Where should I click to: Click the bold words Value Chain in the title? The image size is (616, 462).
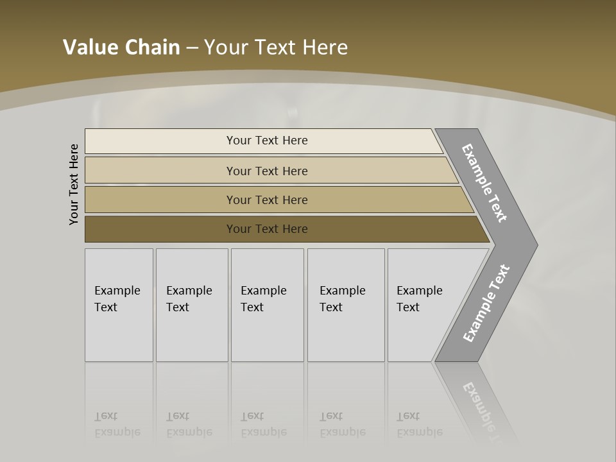(121, 47)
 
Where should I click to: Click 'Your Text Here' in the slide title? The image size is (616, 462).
(276, 47)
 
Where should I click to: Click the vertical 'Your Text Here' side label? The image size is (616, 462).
(74, 184)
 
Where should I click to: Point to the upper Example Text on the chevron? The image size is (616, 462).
(484, 183)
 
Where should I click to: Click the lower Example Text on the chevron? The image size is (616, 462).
(486, 304)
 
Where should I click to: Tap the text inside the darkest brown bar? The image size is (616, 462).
(267, 229)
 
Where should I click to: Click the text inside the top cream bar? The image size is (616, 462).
(267, 141)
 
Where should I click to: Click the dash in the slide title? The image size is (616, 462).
(192, 48)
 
